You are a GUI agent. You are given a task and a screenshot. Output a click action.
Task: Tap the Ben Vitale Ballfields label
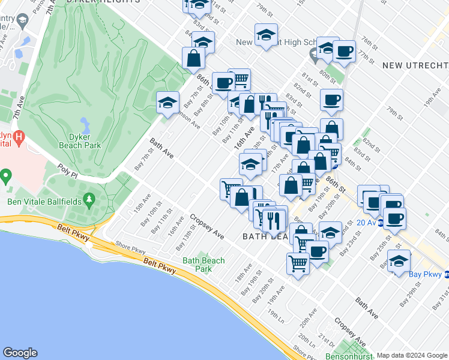coord(44,202)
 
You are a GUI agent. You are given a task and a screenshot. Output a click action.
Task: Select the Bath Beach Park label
coord(203,265)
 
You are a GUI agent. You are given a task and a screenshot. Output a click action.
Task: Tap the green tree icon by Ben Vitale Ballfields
coord(89,198)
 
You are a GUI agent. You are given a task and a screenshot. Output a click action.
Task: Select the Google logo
coord(20,353)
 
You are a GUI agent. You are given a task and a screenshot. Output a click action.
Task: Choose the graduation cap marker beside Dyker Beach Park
coord(168,103)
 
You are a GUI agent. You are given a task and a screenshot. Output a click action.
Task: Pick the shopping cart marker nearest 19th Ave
coord(298,262)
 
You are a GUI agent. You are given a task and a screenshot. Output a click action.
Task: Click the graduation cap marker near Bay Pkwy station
coord(399,261)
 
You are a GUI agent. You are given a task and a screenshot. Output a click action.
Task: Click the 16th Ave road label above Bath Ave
coord(240,142)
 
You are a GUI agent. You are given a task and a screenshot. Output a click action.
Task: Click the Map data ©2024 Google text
coord(412,355)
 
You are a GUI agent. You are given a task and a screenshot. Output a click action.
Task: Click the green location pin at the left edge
coord(6,177)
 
